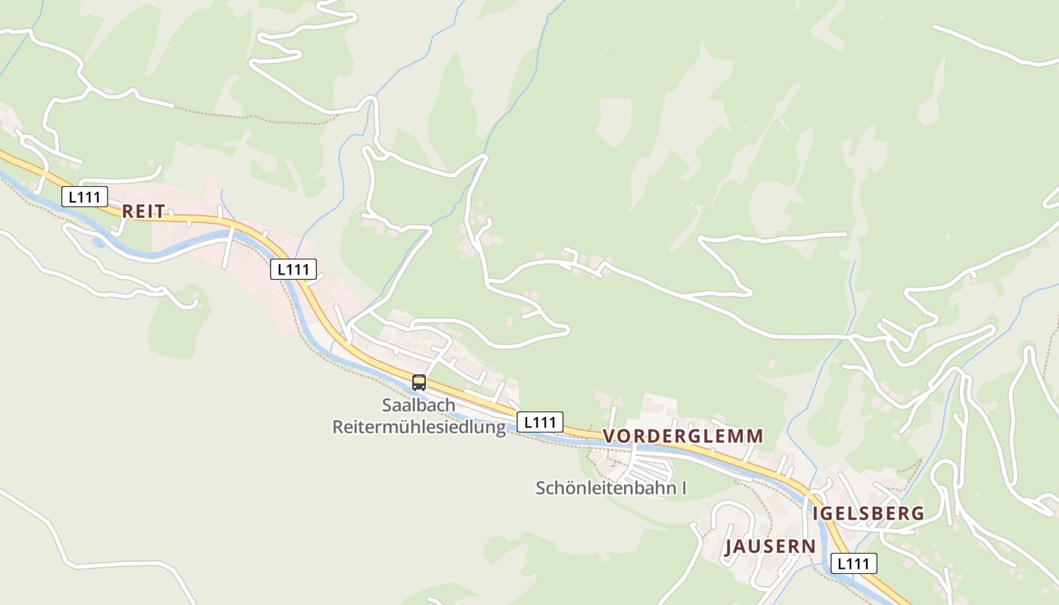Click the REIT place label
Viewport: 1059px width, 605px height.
pos(143,212)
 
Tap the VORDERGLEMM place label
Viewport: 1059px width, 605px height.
pos(683,436)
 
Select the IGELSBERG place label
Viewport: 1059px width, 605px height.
pos(868,513)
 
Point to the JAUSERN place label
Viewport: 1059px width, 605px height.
pos(770,547)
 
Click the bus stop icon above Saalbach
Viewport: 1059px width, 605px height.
pos(419,383)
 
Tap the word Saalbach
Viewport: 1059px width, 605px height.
pos(418,405)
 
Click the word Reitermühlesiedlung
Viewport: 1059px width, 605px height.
pos(418,428)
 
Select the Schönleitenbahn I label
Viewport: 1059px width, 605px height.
pos(610,489)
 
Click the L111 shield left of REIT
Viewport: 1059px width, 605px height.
pos(84,197)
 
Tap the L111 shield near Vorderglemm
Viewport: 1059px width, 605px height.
pos(540,422)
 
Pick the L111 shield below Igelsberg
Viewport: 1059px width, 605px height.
pos(854,563)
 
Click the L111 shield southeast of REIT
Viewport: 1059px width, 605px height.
pos(293,268)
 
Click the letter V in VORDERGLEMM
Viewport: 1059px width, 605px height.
pos(609,436)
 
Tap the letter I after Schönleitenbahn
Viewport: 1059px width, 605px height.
pos(683,489)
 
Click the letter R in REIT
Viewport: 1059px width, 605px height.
pos(128,212)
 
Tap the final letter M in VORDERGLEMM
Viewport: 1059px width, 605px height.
pos(755,436)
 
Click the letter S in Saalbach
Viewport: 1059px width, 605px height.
pos(387,405)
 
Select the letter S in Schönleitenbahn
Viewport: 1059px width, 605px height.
pos(542,489)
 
